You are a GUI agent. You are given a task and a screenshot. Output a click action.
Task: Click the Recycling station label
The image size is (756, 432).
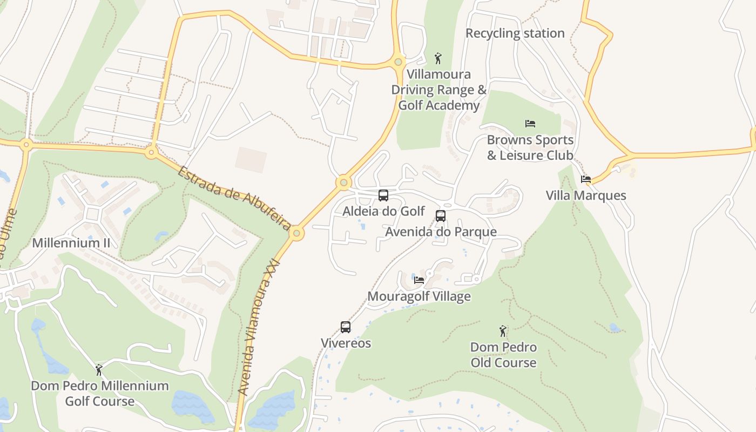(x=515, y=33)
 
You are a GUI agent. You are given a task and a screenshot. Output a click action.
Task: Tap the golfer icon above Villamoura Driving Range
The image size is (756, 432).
(x=438, y=58)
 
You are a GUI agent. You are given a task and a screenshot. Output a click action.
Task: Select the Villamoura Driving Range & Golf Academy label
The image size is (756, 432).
(x=438, y=90)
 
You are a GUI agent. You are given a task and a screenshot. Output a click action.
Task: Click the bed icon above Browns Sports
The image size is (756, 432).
(x=530, y=124)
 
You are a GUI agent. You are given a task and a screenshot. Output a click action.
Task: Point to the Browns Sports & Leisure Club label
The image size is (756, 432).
(x=530, y=147)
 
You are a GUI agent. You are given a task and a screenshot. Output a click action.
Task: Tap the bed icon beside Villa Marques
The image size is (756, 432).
(x=586, y=179)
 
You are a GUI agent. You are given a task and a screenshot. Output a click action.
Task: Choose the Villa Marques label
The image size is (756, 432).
(x=586, y=195)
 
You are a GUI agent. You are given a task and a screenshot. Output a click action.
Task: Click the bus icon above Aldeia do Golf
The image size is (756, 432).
(x=383, y=195)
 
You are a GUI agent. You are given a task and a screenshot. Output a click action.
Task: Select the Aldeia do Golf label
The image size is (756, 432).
(x=383, y=211)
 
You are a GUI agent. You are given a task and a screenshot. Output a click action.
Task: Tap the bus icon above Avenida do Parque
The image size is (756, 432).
(x=441, y=216)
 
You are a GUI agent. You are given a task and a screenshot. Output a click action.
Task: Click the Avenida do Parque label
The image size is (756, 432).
(x=441, y=232)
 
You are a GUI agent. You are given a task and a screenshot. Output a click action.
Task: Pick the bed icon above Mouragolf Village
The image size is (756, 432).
(x=419, y=280)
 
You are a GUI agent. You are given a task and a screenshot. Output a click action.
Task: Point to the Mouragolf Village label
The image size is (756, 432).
(x=419, y=296)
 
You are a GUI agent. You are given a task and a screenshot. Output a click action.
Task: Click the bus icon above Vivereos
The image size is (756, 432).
(x=346, y=327)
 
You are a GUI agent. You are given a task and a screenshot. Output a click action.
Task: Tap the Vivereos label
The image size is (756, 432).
(x=346, y=343)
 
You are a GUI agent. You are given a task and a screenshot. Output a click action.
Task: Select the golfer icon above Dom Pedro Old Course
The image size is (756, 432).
(x=503, y=330)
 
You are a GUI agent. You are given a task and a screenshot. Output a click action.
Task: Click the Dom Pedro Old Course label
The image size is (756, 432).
(x=503, y=355)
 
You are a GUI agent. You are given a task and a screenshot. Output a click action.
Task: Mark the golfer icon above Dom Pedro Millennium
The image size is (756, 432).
(x=99, y=370)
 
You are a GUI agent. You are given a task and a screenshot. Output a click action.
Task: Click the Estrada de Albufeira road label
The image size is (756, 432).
(x=234, y=198)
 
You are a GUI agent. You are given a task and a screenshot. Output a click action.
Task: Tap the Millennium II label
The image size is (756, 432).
(x=71, y=243)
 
